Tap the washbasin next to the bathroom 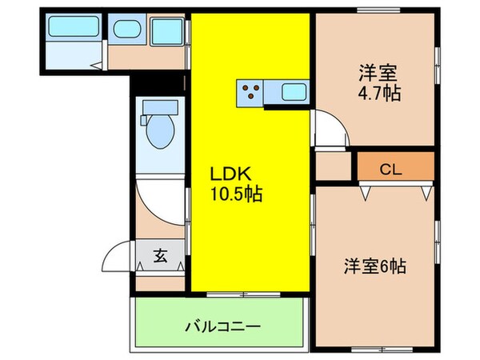[126, 30]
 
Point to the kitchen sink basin [290, 94]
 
